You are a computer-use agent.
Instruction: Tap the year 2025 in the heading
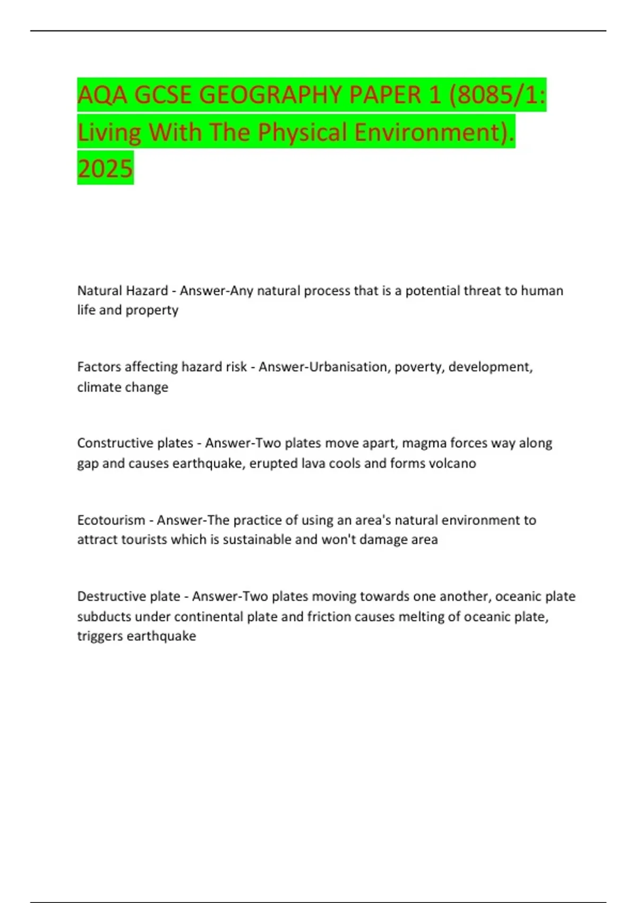click(105, 169)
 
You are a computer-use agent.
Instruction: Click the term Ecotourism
click(111, 519)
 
